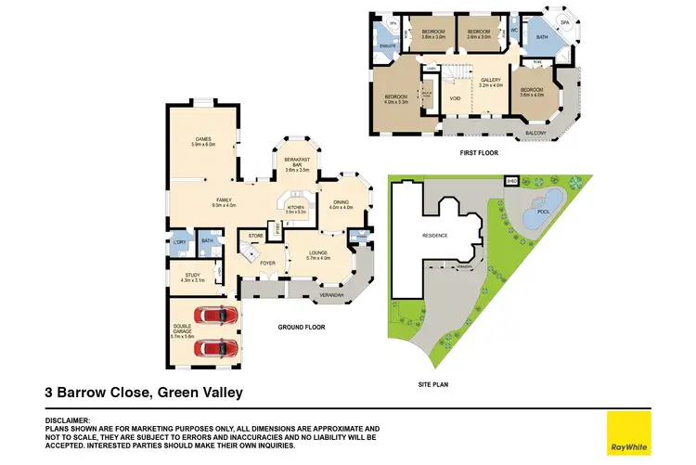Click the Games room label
click(203, 141)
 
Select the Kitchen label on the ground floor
click(296, 210)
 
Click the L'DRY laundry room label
click(180, 243)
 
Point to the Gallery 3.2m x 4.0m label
click(490, 83)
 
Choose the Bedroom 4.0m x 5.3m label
click(397, 98)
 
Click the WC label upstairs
click(512, 31)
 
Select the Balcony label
click(536, 133)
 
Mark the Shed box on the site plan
click(510, 181)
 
